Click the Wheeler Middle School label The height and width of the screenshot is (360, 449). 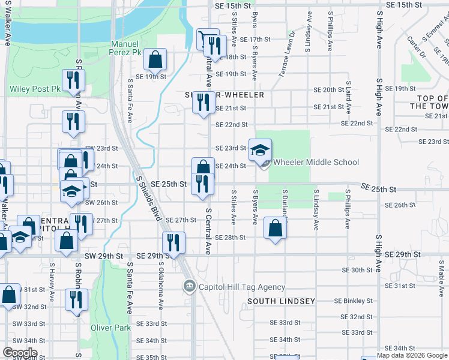point(316,162)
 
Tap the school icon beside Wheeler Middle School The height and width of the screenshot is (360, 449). point(261,151)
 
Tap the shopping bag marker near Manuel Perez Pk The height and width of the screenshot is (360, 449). point(155,60)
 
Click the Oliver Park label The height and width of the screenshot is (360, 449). point(110,328)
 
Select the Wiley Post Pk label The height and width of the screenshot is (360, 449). point(35,89)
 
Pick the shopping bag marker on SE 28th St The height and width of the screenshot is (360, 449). point(275,229)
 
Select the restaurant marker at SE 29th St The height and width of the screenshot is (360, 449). point(173,243)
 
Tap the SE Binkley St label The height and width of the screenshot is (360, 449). point(354,301)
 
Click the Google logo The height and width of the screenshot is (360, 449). point(20,353)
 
